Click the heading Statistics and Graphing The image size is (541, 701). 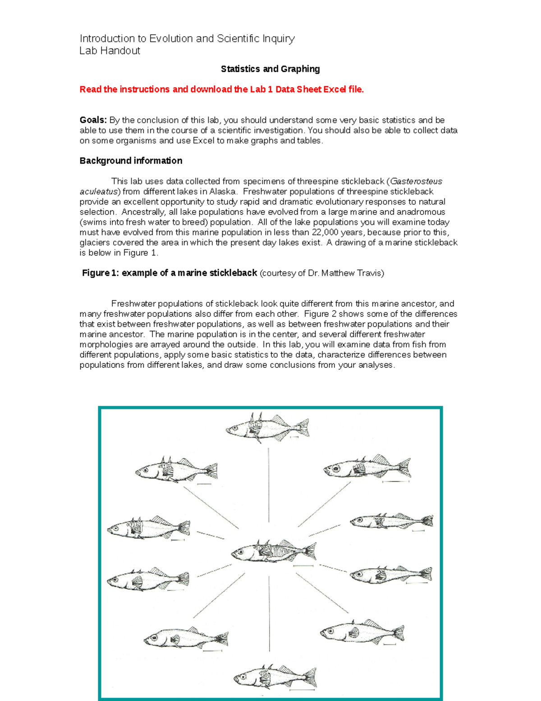[x=270, y=69]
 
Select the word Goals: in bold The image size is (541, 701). [x=93, y=120]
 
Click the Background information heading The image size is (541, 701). [x=131, y=161]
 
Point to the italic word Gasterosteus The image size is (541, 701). [x=416, y=181]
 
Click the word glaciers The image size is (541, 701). [x=93, y=243]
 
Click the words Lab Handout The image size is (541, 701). [x=110, y=51]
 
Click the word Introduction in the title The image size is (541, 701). [x=107, y=39]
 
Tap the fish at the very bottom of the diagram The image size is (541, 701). [x=275, y=677]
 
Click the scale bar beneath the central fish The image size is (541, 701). [x=303, y=566]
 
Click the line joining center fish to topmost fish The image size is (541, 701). [x=269, y=485]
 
